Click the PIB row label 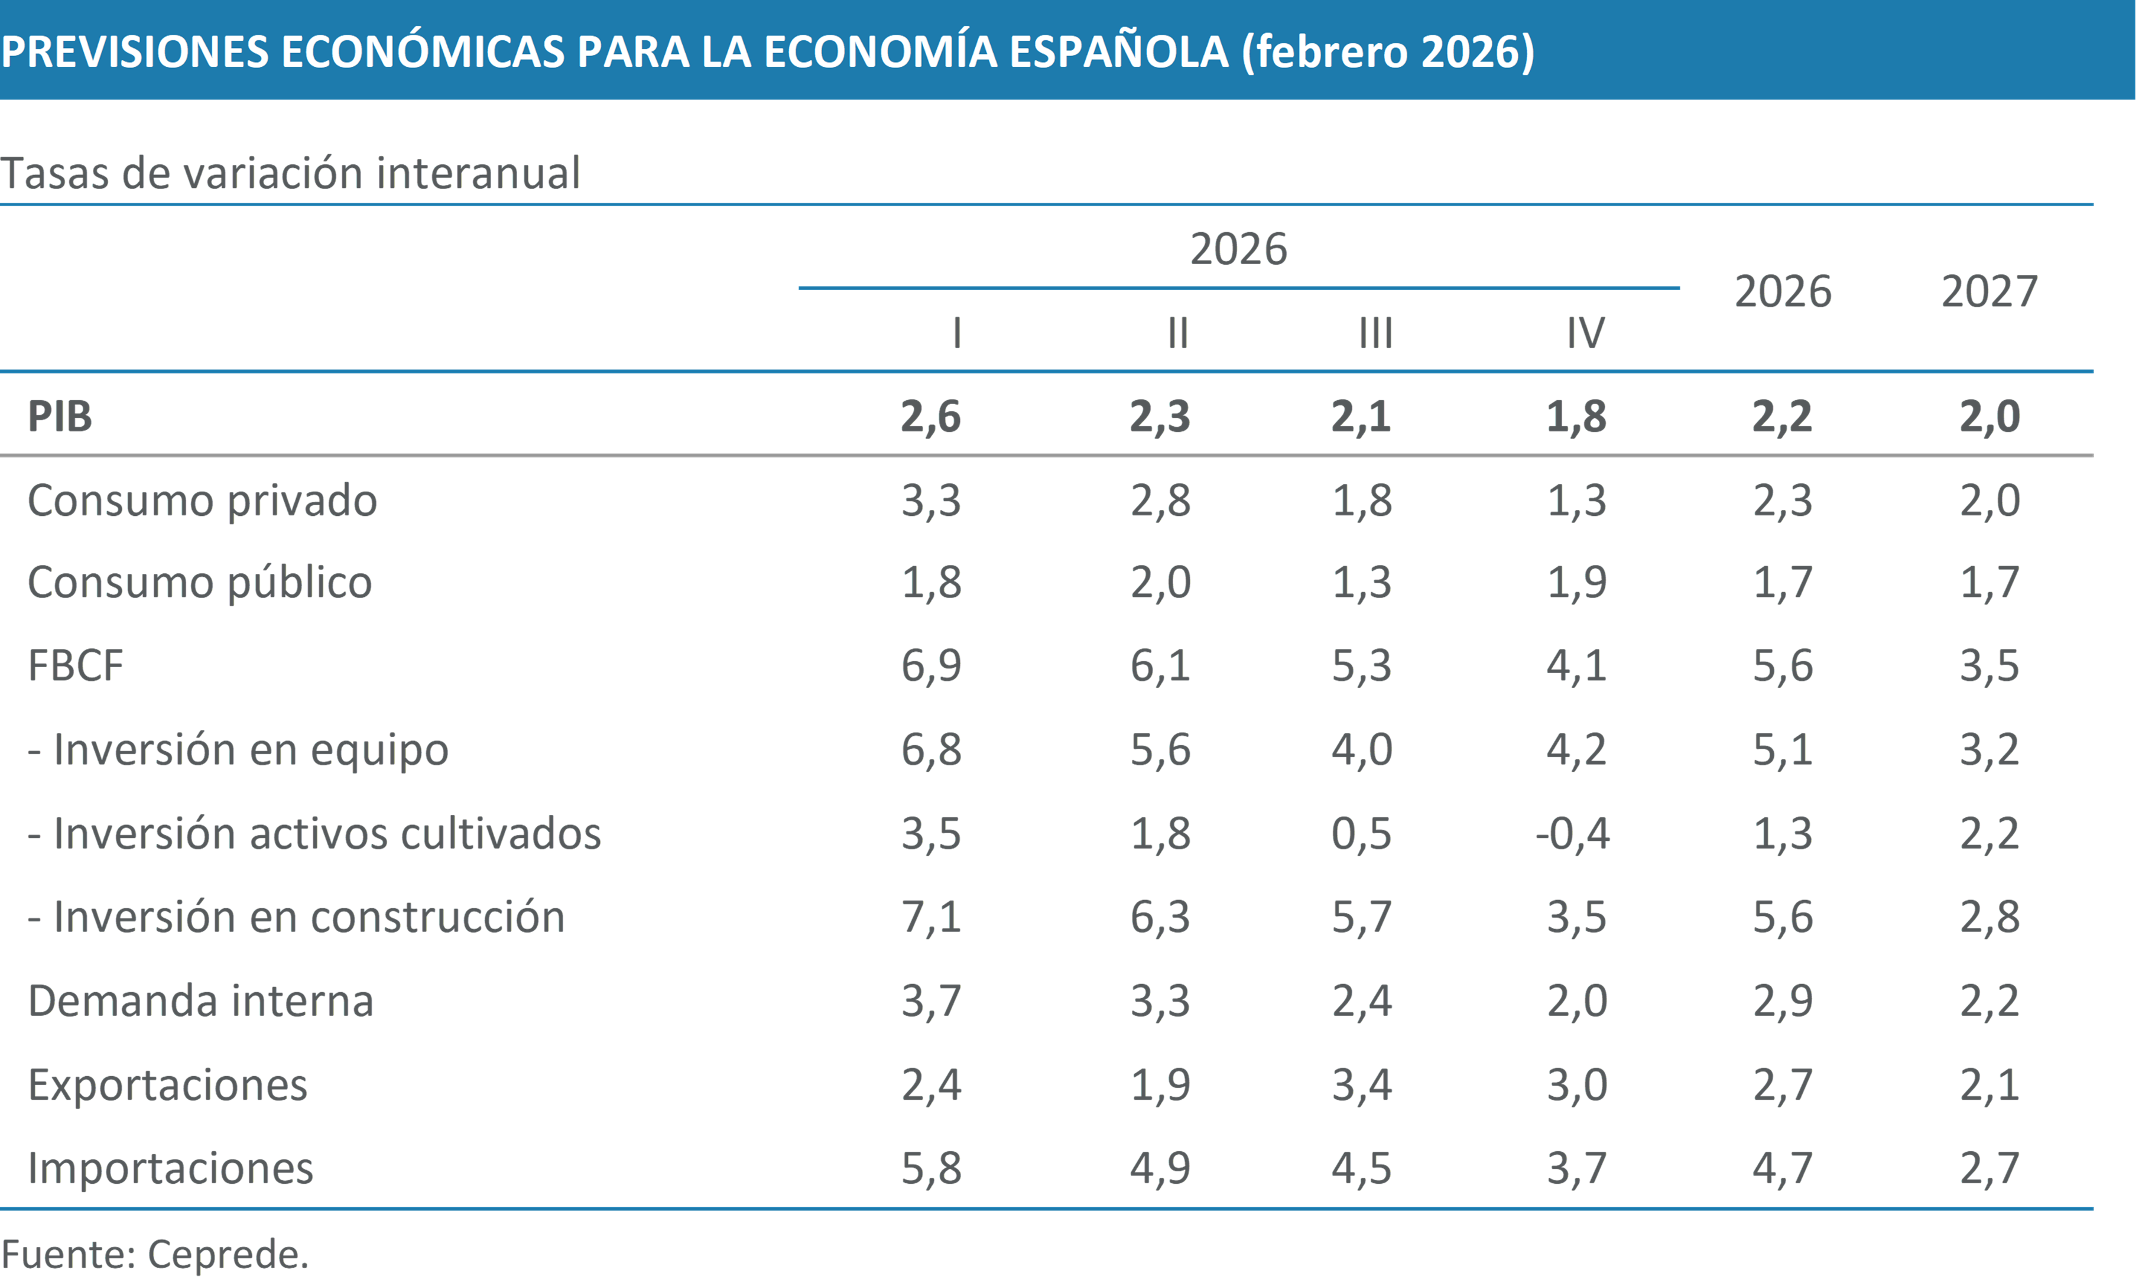[60, 416]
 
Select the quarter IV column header [1585, 333]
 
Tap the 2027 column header [1989, 291]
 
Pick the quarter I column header [957, 333]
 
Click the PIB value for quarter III [1361, 416]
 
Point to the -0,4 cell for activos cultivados [1572, 833]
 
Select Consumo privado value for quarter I [931, 500]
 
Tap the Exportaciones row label [168, 1085]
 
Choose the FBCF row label [76, 665]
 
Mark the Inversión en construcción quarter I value [931, 917]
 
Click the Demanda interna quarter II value [1160, 1001]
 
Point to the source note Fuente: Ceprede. [155, 1253]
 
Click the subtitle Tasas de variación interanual [290, 173]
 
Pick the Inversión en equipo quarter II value [1160, 749]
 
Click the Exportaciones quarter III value [1361, 1085]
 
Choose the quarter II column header [1178, 333]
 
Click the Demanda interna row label [200, 1001]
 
